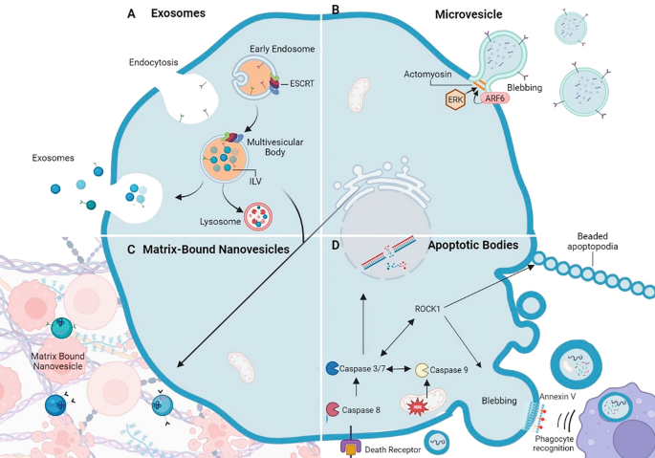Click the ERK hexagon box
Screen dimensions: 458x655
click(455, 98)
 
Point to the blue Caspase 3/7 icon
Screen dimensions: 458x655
click(332, 367)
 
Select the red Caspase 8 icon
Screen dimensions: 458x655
click(332, 410)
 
